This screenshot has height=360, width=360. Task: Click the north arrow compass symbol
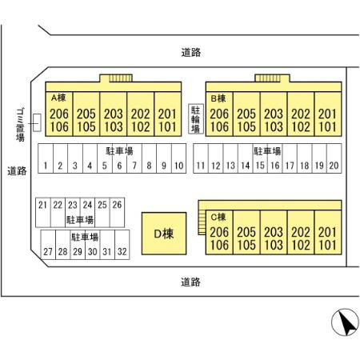click(345, 322)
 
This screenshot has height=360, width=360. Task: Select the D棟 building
click(164, 234)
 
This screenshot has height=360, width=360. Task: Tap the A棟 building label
click(58, 98)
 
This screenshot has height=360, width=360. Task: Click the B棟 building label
click(218, 98)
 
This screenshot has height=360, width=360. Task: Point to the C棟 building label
click(218, 217)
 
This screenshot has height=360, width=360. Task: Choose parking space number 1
click(46, 158)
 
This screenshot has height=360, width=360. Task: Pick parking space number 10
click(178, 158)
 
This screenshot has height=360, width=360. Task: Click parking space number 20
click(334, 158)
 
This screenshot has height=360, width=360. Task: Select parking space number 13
click(230, 158)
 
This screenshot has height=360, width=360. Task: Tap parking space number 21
click(43, 213)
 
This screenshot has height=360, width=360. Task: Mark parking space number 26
click(117, 213)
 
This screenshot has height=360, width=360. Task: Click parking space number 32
click(122, 245)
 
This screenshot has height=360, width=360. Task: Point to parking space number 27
click(48, 245)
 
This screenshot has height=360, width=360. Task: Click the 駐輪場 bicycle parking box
click(196, 119)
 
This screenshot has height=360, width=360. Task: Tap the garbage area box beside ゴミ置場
click(37, 122)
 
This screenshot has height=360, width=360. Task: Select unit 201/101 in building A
click(168, 114)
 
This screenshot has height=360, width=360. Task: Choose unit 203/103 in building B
click(274, 114)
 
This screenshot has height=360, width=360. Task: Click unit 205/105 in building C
click(246, 232)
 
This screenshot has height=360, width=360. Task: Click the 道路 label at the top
click(191, 52)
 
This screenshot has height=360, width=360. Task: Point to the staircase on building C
click(202, 222)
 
